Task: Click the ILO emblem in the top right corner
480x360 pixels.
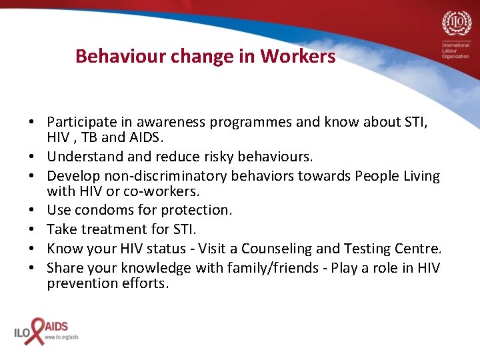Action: (x=456, y=25)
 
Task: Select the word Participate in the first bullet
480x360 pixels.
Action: (x=79, y=123)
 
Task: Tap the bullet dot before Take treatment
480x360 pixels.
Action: (x=32, y=229)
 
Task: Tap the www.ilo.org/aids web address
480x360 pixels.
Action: (x=61, y=337)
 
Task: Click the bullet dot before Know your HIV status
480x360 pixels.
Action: (x=32, y=249)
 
